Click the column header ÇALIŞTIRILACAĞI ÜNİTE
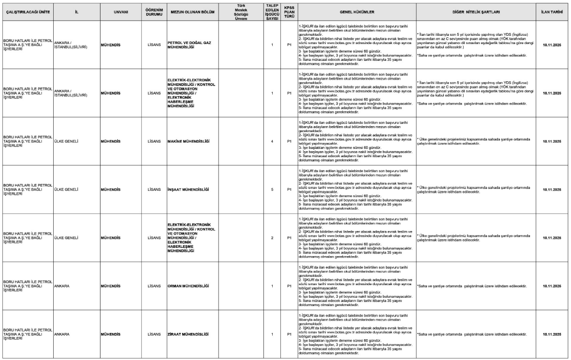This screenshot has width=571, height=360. point(27,11)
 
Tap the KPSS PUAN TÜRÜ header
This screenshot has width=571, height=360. point(289,11)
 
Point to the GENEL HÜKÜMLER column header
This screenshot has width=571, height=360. point(355,11)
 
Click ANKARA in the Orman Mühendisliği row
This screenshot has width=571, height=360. point(62,286)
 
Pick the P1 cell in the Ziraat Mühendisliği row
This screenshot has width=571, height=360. point(289,334)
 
